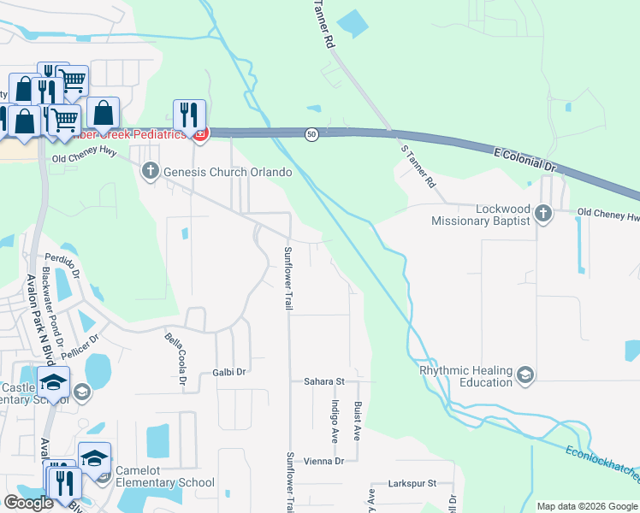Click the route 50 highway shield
[x=312, y=134]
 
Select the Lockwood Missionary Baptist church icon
[x=542, y=212]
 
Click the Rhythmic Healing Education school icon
[x=524, y=374]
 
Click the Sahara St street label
[x=323, y=381]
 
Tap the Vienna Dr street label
[x=323, y=461]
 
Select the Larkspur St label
[x=415, y=483]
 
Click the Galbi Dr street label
[x=229, y=372]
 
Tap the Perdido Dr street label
[x=62, y=257]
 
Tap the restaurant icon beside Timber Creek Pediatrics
[x=189, y=115]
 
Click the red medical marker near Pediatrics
[x=201, y=133]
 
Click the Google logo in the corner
[x=28, y=502]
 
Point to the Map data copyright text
[x=586, y=506]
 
